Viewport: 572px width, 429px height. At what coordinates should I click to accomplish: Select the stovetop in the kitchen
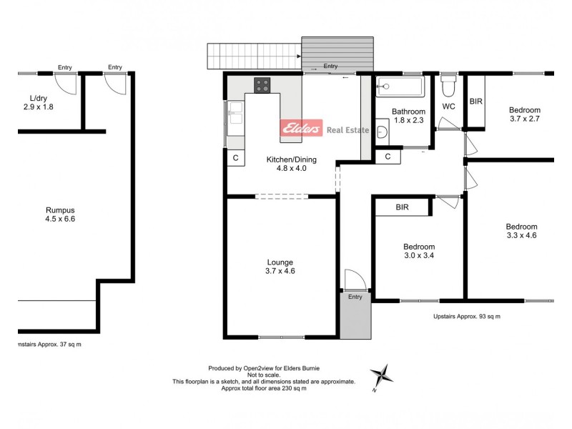262,85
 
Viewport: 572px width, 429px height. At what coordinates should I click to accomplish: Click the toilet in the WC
448,89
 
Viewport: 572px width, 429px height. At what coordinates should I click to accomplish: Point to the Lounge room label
280,266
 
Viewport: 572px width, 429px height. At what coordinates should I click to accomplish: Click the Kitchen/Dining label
291,164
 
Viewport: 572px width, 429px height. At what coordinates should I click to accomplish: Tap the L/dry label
38,102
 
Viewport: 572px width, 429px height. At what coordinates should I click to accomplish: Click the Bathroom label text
409,117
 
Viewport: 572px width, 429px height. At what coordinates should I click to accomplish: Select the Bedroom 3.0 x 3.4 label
418,251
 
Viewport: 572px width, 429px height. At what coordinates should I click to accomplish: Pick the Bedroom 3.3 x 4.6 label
521,230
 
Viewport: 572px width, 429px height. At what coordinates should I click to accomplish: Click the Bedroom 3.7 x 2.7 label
524,114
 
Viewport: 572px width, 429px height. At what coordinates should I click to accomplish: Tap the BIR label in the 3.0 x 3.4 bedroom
402,207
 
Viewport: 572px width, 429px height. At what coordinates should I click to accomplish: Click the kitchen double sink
235,117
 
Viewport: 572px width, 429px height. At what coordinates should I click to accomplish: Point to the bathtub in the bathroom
400,87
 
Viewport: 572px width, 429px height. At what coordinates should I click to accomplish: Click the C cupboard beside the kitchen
235,159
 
